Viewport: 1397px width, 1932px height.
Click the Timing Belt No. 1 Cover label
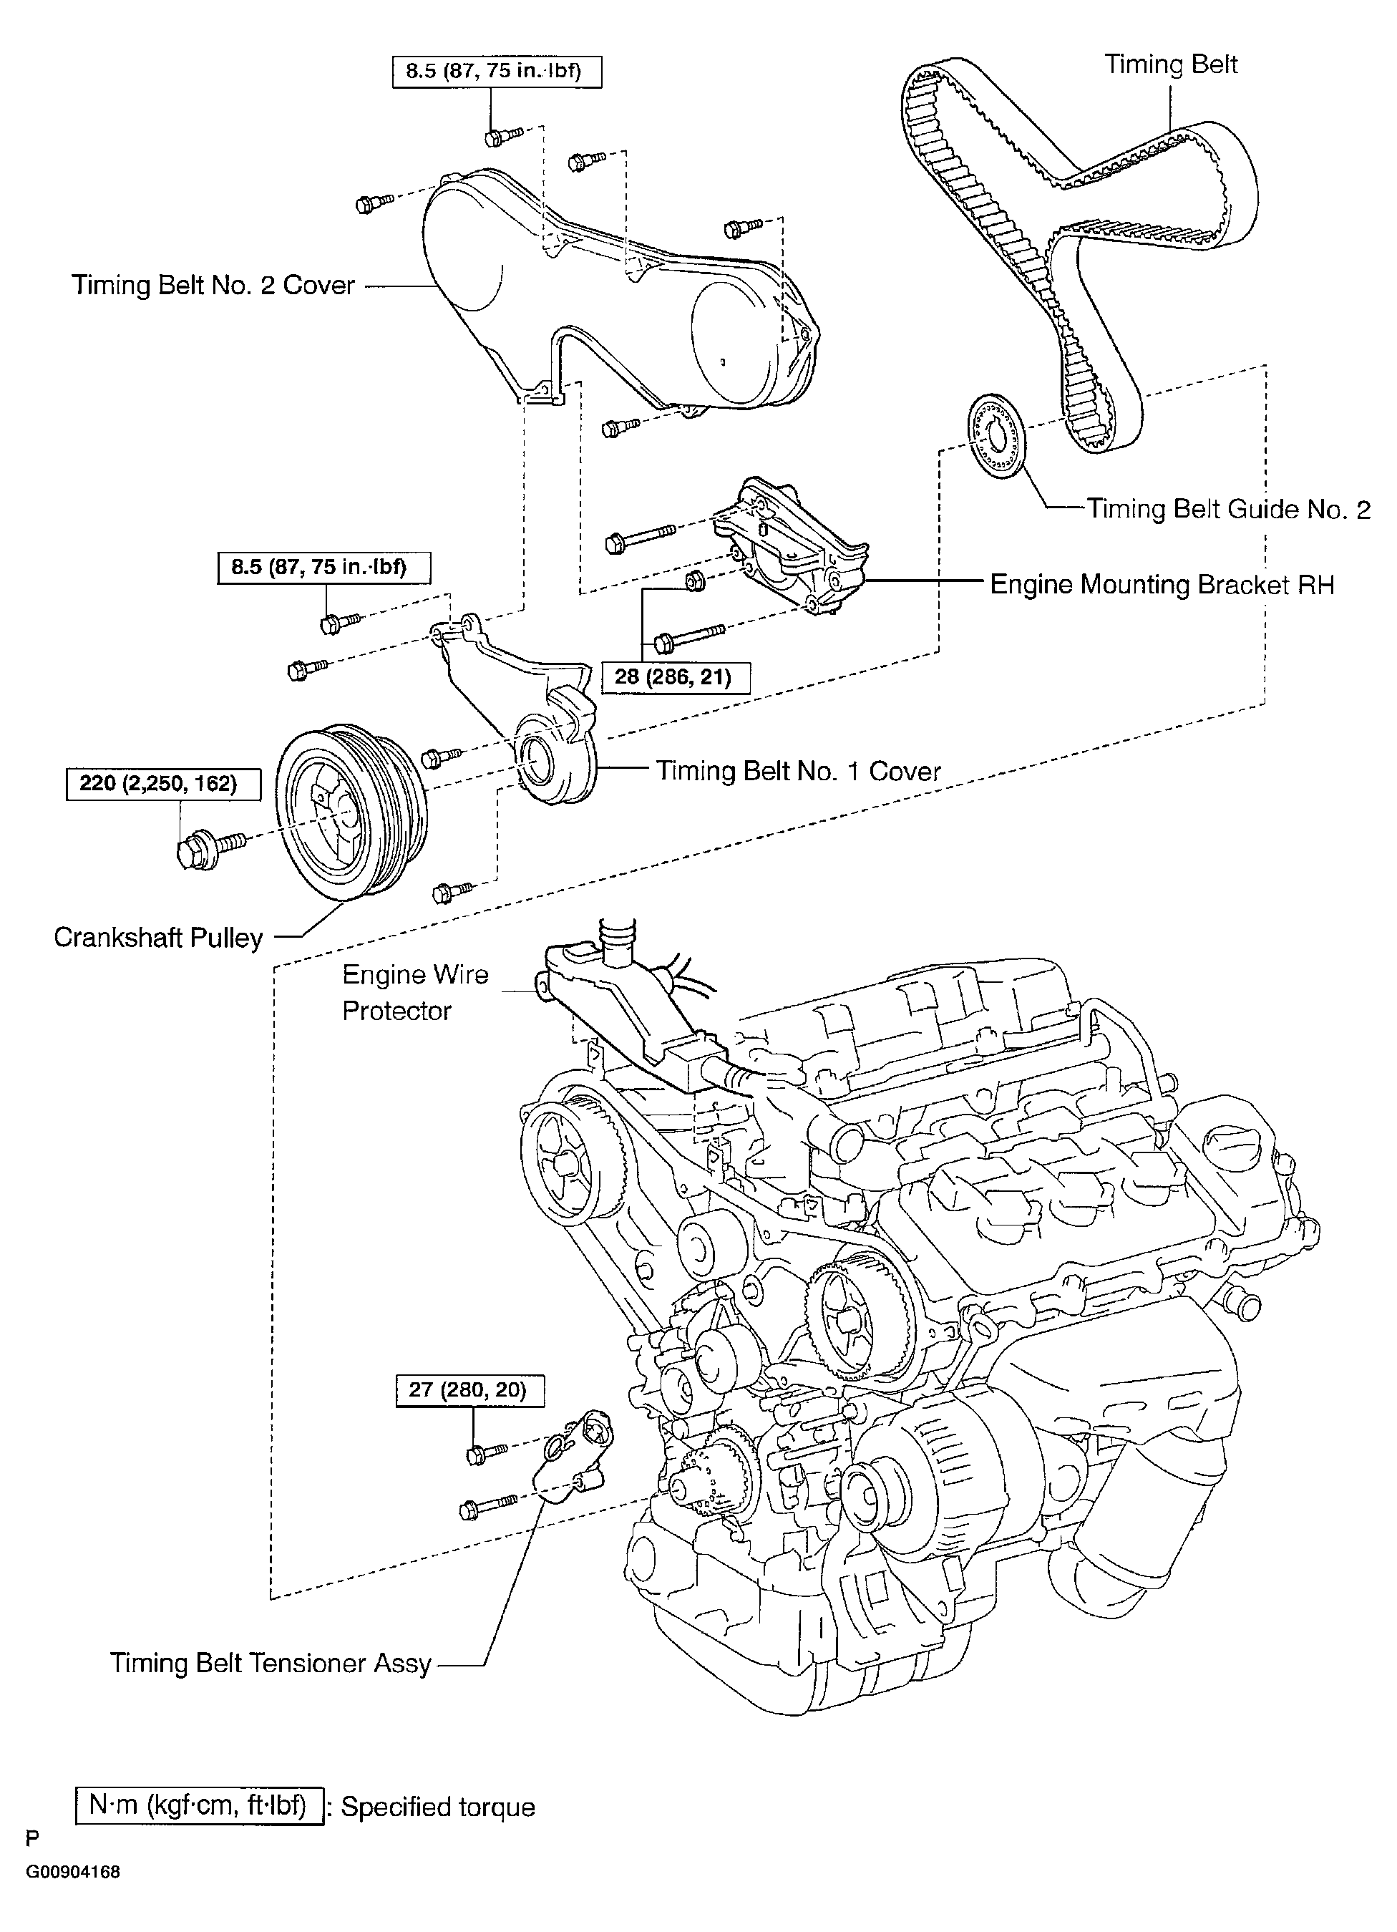[798, 771]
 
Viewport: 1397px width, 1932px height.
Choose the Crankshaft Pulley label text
[158, 937]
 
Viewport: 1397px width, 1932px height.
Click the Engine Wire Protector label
[416, 992]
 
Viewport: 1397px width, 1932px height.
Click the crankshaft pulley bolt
[210, 846]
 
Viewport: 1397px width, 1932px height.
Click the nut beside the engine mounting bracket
[694, 583]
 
